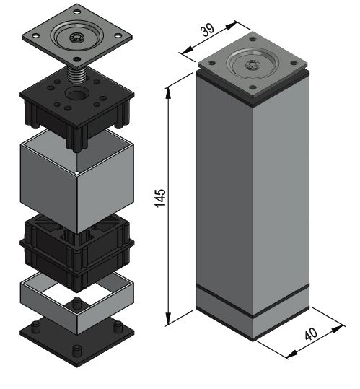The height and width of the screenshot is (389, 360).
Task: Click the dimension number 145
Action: (160, 198)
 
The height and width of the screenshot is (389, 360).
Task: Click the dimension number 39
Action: (208, 30)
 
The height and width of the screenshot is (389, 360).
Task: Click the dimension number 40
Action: (311, 333)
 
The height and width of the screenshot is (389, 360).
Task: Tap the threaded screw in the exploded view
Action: (76, 74)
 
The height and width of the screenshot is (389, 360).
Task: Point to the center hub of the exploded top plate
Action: (77, 38)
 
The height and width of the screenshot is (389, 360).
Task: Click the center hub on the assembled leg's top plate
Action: (253, 65)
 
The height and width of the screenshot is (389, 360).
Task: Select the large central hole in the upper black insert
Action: (76, 94)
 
